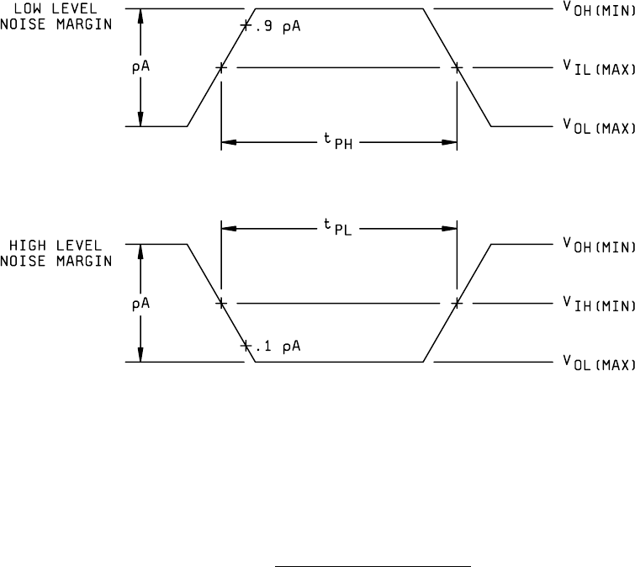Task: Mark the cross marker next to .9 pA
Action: pos(246,26)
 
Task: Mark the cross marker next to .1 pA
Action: pos(246,346)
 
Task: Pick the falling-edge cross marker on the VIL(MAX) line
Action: pos(457,68)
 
